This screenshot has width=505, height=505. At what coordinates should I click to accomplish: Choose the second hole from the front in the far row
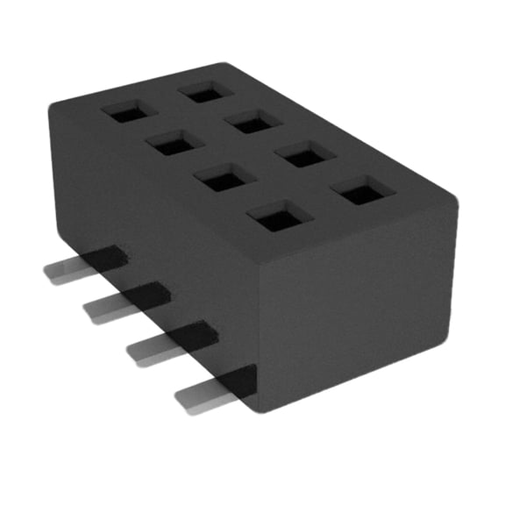pos(305,156)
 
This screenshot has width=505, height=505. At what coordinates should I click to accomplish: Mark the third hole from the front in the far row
pos(253,122)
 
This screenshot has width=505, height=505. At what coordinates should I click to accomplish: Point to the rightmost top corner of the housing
pos(454,198)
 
